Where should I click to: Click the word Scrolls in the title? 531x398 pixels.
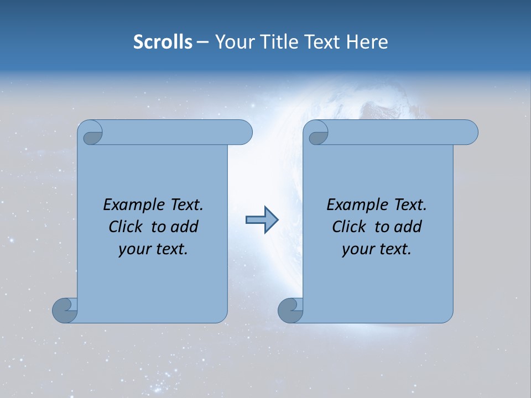pyautogui.click(x=163, y=42)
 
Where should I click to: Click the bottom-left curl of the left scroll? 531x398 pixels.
pyautogui.click(x=65, y=310)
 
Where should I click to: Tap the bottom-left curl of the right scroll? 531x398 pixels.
pyautogui.click(x=290, y=310)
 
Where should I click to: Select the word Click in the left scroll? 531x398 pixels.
pyautogui.click(x=125, y=227)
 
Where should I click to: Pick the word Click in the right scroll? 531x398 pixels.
pyautogui.click(x=348, y=227)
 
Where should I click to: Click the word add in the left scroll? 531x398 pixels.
pyautogui.click(x=185, y=227)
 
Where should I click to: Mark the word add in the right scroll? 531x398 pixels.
pyautogui.click(x=409, y=227)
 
